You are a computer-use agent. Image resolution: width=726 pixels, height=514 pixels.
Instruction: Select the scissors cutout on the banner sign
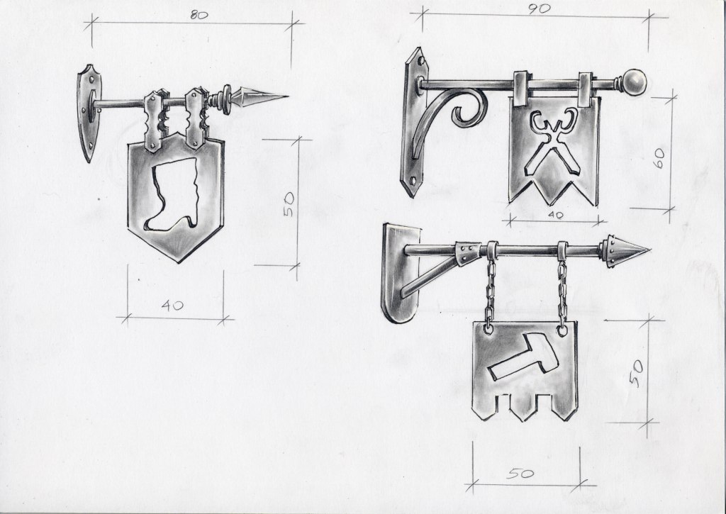pos(554,141)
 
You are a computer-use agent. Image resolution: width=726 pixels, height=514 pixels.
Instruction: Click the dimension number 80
pos(199,16)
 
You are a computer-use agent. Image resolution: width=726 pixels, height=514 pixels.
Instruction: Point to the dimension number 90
pos(539,9)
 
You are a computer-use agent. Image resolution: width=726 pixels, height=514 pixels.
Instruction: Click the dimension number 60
pos(659,158)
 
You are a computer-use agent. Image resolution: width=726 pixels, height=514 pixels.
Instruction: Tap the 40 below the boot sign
pos(172,305)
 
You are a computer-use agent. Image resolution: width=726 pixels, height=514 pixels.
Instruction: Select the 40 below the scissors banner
pos(554,215)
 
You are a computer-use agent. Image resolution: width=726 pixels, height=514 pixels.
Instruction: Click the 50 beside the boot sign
pos(288,204)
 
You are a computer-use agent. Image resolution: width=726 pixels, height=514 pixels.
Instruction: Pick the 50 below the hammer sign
pos(520,474)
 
